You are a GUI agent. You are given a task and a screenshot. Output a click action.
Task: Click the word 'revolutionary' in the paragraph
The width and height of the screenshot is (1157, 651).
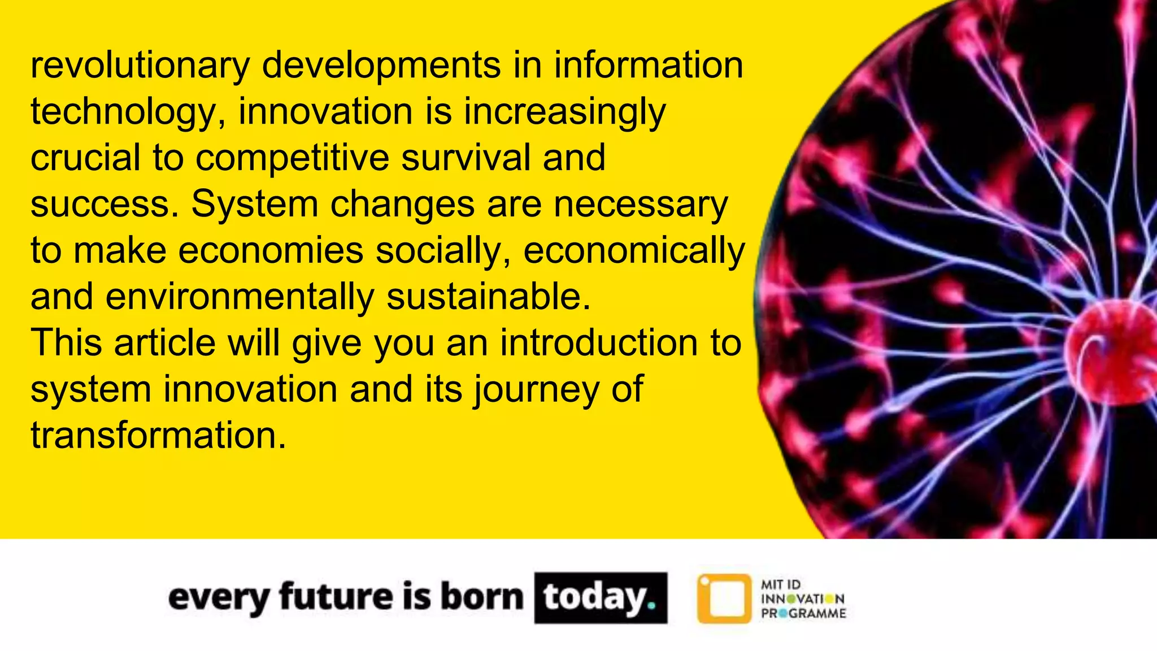pyautogui.click(x=140, y=66)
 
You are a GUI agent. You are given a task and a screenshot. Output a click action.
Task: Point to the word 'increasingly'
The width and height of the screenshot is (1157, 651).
pyautogui.click(x=565, y=112)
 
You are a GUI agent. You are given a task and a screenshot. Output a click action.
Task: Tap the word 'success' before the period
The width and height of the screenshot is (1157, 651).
pyautogui.click(x=100, y=205)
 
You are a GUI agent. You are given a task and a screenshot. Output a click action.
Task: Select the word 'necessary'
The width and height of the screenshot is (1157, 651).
pyautogui.click(x=641, y=205)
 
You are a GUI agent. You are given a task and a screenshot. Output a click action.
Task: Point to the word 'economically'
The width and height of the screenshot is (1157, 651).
pyautogui.click(x=634, y=251)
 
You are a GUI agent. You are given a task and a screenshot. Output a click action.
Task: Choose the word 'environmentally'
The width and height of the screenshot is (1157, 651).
pyautogui.click(x=240, y=297)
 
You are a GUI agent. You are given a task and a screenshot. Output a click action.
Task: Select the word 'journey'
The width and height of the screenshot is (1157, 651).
pyautogui.click(x=536, y=390)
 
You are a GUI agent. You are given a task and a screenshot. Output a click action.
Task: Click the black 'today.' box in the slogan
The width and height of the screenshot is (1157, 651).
pyautogui.click(x=600, y=598)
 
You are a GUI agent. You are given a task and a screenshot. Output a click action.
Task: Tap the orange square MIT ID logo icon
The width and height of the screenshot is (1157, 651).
pyautogui.click(x=724, y=598)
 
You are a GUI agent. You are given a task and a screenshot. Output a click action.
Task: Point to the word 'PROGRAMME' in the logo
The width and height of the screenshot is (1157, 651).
pyautogui.click(x=803, y=614)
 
